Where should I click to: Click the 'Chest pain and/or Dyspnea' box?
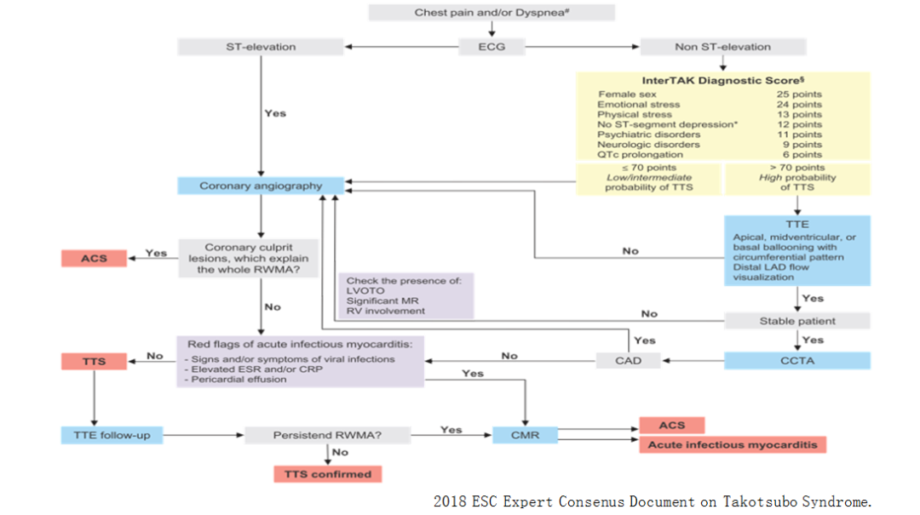(492, 13)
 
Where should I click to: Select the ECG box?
(492, 47)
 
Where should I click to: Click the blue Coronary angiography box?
(261, 186)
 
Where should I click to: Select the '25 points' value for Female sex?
(799, 94)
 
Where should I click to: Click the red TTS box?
(95, 361)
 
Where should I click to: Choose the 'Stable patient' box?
(797, 321)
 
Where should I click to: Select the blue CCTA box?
(797, 361)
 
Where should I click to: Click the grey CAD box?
(630, 361)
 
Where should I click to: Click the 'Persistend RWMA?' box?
(327, 435)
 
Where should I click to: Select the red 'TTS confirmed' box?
(327, 474)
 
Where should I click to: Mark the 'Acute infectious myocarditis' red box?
(732, 445)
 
